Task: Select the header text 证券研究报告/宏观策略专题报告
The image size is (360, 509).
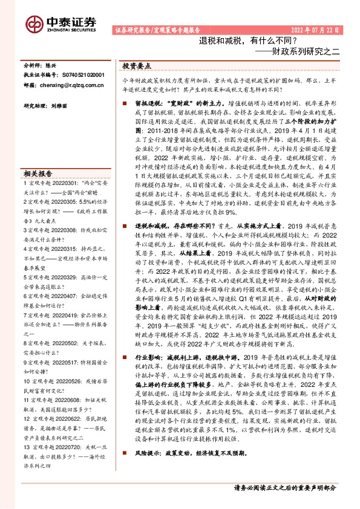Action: click(157, 30)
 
